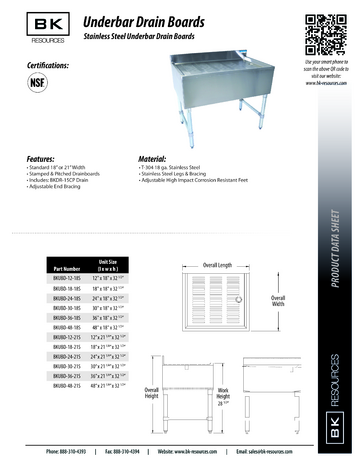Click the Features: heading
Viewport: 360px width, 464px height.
point(46,157)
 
